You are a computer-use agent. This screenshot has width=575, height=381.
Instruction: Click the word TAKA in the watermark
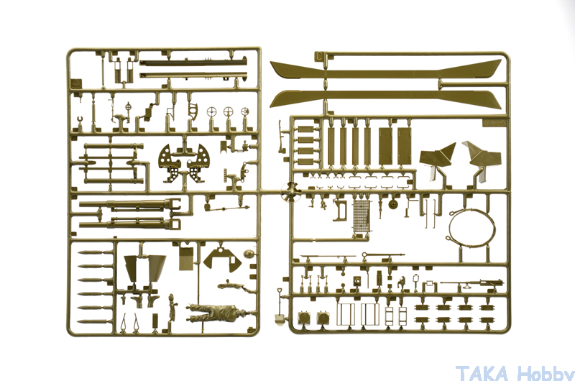point(482,372)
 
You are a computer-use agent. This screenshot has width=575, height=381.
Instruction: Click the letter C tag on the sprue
point(319,57)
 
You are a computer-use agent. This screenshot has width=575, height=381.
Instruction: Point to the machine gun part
point(472,284)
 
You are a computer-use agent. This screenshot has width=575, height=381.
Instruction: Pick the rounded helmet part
point(248,254)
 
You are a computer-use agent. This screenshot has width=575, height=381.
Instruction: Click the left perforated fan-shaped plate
point(170,162)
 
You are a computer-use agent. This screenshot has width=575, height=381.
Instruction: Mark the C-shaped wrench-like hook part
point(80,121)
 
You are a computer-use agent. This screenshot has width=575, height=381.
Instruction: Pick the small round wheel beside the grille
point(393,206)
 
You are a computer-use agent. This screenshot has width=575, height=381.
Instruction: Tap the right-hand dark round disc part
point(323,318)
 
